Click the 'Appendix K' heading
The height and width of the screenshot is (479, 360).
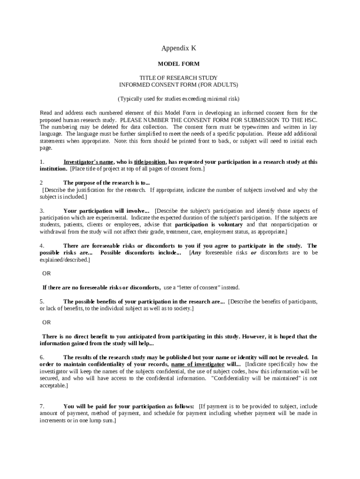[x=179, y=48]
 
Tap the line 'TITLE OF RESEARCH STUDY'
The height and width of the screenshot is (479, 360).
[x=179, y=78]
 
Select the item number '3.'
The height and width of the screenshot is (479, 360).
[x=42, y=211]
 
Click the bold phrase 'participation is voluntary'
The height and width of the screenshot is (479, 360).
[x=209, y=225]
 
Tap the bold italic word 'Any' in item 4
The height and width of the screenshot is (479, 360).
[x=196, y=253]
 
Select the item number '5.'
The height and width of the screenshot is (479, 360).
[x=42, y=302]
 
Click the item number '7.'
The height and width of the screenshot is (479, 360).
[x=42, y=406]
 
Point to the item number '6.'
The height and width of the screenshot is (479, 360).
[x=42, y=357]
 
